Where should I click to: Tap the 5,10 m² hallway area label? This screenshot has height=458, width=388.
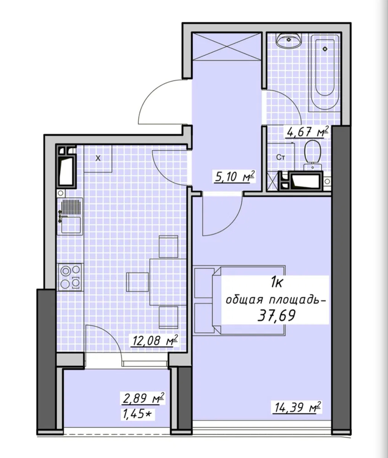(234, 177)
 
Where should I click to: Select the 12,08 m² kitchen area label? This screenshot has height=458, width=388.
(155, 340)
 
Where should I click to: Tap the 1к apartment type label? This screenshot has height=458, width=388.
(277, 282)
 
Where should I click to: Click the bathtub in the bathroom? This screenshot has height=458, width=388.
(325, 72)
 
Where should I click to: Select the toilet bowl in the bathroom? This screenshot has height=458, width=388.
(312, 155)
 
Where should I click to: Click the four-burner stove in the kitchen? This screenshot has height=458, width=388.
(70, 277)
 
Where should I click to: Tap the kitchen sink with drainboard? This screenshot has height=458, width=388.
(70, 216)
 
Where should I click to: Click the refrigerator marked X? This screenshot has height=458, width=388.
(98, 158)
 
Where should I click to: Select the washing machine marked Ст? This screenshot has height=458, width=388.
(281, 157)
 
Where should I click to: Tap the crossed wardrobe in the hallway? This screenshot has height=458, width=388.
(226, 46)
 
